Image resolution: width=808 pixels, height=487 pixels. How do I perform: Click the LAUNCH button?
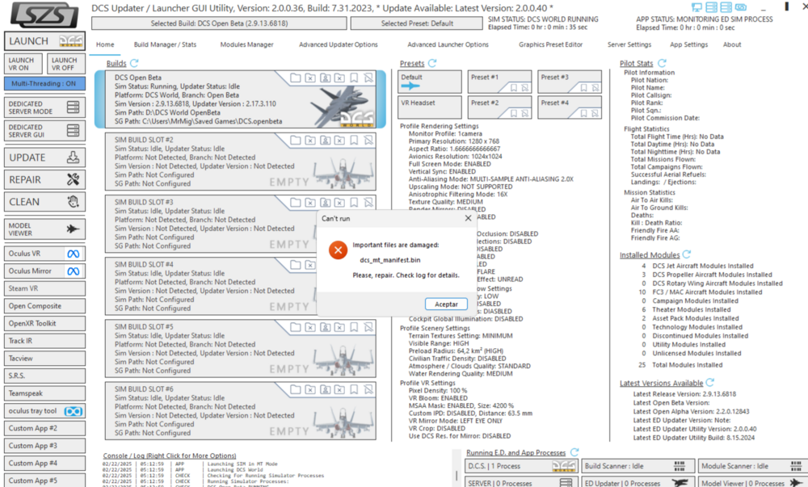click(x=44, y=41)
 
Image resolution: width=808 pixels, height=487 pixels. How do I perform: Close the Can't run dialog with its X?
click(x=469, y=218)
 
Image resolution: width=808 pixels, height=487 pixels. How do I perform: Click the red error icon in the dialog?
click(x=338, y=250)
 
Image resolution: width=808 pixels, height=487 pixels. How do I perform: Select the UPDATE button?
click(x=44, y=157)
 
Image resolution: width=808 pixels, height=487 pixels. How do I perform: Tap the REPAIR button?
click(x=44, y=179)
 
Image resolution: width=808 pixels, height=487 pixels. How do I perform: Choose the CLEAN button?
click(x=44, y=202)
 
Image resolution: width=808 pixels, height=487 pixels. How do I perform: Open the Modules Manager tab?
click(x=246, y=45)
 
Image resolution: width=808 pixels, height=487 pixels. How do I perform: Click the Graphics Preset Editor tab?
click(x=550, y=45)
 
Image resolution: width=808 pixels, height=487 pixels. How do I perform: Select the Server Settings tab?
click(x=629, y=45)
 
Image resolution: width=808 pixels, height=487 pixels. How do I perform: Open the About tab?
click(x=732, y=45)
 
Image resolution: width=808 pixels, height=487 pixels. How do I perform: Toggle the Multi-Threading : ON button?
click(x=44, y=83)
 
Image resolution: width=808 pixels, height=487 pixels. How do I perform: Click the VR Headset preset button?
click(x=429, y=107)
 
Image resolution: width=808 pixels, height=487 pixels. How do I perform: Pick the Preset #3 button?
click(x=569, y=82)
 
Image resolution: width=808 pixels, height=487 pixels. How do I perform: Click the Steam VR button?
click(x=44, y=288)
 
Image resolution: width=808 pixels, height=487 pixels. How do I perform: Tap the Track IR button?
click(x=44, y=341)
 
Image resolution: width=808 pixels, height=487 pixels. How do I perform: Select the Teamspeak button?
click(x=44, y=393)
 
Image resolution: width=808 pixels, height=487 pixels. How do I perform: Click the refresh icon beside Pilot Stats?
click(x=662, y=63)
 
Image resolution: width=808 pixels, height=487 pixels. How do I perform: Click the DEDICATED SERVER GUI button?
click(x=44, y=131)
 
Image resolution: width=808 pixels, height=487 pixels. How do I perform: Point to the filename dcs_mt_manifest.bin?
click(x=389, y=260)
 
